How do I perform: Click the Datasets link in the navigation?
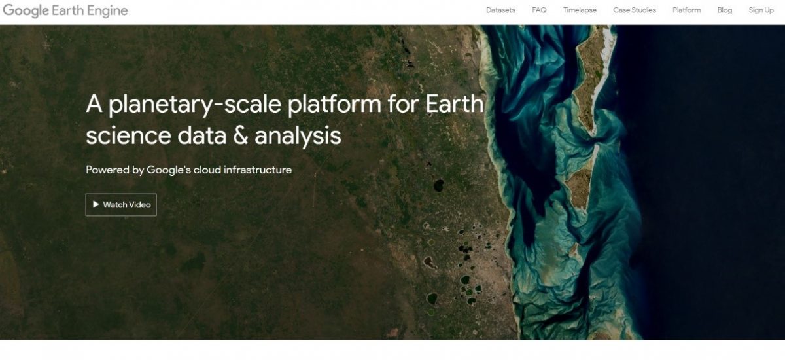click(x=500, y=10)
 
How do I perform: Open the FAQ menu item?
click(x=539, y=10)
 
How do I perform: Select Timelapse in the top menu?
click(x=580, y=10)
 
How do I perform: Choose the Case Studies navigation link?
click(x=634, y=10)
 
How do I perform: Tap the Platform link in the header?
click(x=686, y=10)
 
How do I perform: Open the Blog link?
click(x=724, y=10)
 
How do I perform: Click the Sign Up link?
click(x=761, y=10)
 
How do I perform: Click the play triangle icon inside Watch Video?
click(x=96, y=205)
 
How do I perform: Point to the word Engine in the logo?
click(x=106, y=11)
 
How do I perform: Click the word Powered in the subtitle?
click(x=107, y=170)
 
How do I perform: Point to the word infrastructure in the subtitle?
click(x=258, y=170)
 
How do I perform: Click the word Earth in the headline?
click(x=455, y=105)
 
